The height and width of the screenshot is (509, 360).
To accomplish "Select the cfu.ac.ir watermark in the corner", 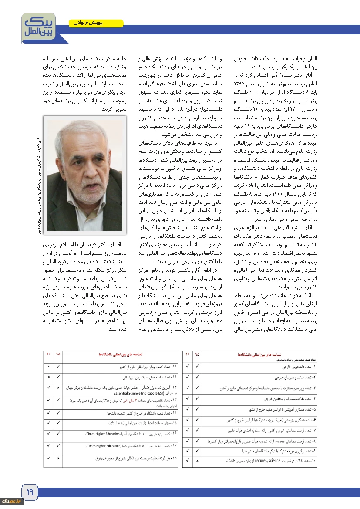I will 12,501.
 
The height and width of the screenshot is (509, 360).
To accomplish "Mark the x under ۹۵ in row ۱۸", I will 58,458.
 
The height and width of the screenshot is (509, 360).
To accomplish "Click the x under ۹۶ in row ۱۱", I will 49,367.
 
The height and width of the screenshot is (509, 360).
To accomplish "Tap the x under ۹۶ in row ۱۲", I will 49,377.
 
